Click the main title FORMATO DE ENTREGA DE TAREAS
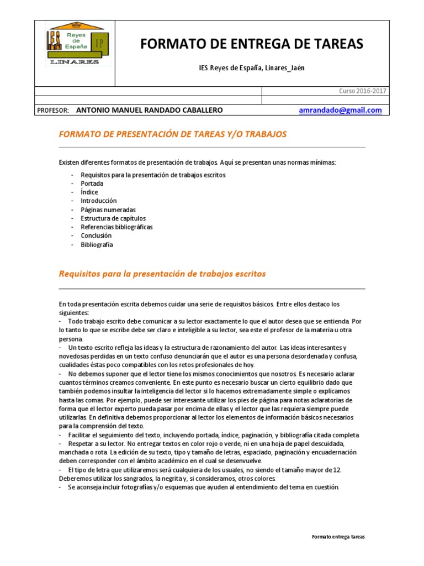pyautogui.click(x=252, y=45)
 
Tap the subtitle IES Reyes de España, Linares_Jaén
pyautogui.click(x=251, y=68)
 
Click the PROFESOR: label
pyautogui.click(x=52, y=110)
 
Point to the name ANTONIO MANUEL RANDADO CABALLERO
pyautogui.click(x=149, y=110)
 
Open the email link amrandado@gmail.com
pyautogui.click(x=340, y=110)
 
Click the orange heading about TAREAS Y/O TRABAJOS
pyautogui.click(x=173, y=134)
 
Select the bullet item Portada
pyautogui.click(x=92, y=184)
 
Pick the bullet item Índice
pyautogui.click(x=89, y=192)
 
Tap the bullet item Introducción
pyautogui.click(x=99, y=201)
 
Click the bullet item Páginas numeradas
pyautogui.click(x=108, y=210)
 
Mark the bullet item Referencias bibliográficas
pyautogui.click(x=116, y=227)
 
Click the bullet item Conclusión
pyautogui.click(x=96, y=235)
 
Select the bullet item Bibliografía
pyautogui.click(x=97, y=244)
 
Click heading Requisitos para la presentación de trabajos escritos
pyautogui.click(x=162, y=274)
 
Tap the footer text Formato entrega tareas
pyautogui.click(x=338, y=537)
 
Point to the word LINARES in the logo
pyautogui.click(x=74, y=62)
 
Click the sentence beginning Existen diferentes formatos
pyautogui.click(x=197, y=162)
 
